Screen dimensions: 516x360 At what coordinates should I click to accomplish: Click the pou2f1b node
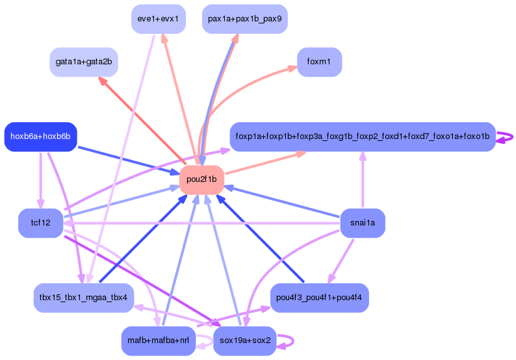pos(201,179)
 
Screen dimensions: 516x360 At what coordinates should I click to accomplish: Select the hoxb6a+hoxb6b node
pos(40,136)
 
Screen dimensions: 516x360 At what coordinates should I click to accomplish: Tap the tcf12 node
pos(40,223)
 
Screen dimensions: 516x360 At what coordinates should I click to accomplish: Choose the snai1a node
pos(363,223)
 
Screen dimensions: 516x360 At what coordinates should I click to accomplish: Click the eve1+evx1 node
pos(159,19)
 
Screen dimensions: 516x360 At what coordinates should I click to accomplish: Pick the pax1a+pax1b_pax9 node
pos(245,19)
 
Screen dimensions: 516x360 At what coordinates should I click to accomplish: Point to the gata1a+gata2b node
pos(84,62)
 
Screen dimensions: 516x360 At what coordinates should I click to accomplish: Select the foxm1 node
pos(319,62)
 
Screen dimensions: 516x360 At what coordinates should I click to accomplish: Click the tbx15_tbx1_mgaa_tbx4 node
pos(84,298)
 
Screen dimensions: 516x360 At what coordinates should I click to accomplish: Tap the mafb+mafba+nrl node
pos(159,341)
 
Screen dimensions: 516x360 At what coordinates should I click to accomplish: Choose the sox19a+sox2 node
pos(245,341)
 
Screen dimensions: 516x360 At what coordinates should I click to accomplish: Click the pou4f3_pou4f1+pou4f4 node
pos(319,298)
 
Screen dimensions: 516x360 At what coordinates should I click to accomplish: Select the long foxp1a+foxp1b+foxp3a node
pos(363,136)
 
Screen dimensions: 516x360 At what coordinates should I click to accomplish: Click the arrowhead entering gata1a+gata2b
pos(103,81)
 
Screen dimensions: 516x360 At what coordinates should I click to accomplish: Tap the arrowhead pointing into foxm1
pos(292,68)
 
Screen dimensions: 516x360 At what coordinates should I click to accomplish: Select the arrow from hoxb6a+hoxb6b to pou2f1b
pos(129,161)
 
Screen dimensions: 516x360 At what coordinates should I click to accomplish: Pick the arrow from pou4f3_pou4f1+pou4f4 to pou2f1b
pos(260,238)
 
